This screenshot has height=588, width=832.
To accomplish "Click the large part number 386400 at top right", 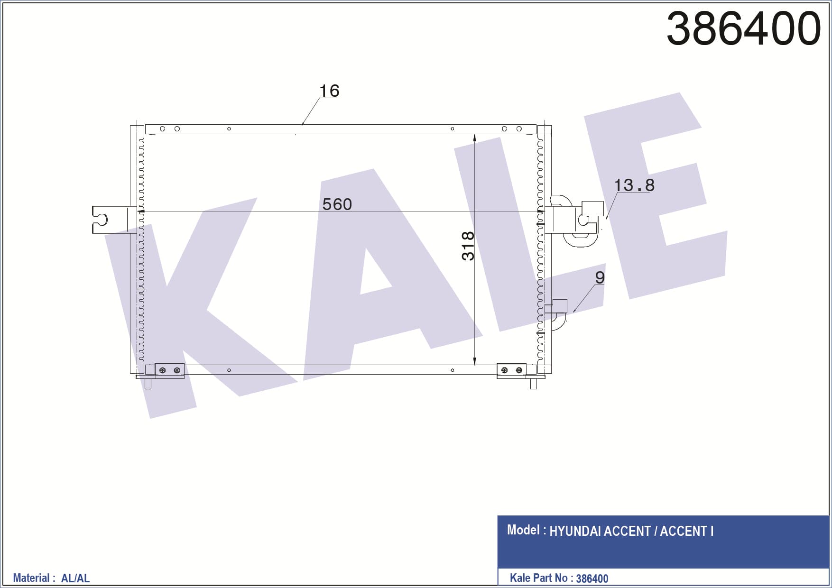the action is click(x=743, y=28).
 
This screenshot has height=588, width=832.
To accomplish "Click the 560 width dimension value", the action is click(x=337, y=204).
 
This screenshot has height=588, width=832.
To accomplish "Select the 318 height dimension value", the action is click(x=468, y=246).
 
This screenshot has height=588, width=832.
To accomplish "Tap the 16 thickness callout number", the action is click(x=329, y=91).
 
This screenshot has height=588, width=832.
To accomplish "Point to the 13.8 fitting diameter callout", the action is click(x=634, y=185).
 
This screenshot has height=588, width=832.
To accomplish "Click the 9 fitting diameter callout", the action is click(x=600, y=277).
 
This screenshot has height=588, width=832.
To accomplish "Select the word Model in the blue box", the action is click(x=523, y=530).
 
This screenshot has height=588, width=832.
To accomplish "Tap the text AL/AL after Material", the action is click(x=75, y=578).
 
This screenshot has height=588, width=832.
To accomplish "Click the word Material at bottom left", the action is click(x=31, y=578).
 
